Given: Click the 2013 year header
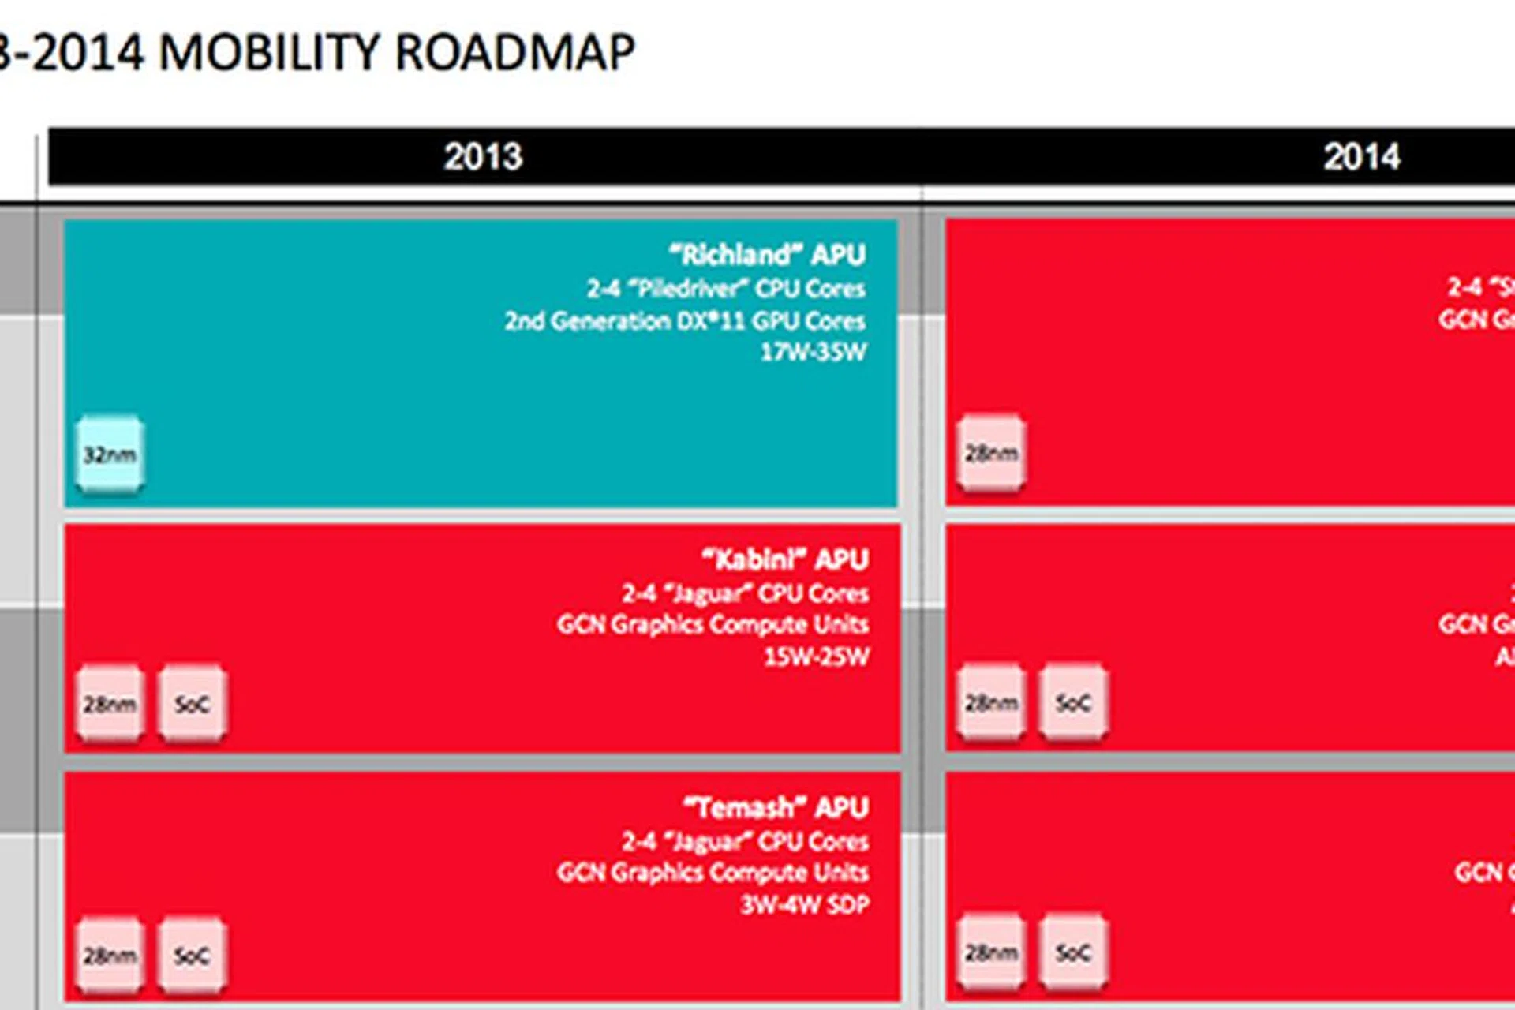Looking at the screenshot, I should [x=482, y=156].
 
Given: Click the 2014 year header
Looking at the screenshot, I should [x=1362, y=156].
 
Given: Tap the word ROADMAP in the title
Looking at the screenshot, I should [x=514, y=54].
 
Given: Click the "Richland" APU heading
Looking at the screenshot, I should [x=767, y=255].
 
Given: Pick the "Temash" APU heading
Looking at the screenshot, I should [x=776, y=807].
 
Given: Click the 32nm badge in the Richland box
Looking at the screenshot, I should [x=110, y=454].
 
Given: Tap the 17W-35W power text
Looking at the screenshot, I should [x=813, y=352].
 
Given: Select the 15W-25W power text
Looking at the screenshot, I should [x=816, y=656].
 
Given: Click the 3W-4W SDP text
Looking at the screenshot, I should [x=804, y=904].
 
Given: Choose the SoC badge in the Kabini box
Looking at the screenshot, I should [x=192, y=704].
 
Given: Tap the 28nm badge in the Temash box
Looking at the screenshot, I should [x=110, y=956].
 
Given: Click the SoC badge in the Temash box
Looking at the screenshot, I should [x=192, y=956].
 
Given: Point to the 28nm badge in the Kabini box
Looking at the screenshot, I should [x=110, y=704].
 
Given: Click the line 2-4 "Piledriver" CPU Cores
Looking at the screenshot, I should [x=725, y=289].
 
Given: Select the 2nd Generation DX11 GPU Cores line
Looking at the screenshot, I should [x=684, y=321].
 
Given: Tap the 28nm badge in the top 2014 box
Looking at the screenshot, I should [x=991, y=453].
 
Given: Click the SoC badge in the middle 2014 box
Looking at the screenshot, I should [x=1073, y=702].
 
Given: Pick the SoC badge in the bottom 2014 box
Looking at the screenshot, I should [x=1073, y=952].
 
